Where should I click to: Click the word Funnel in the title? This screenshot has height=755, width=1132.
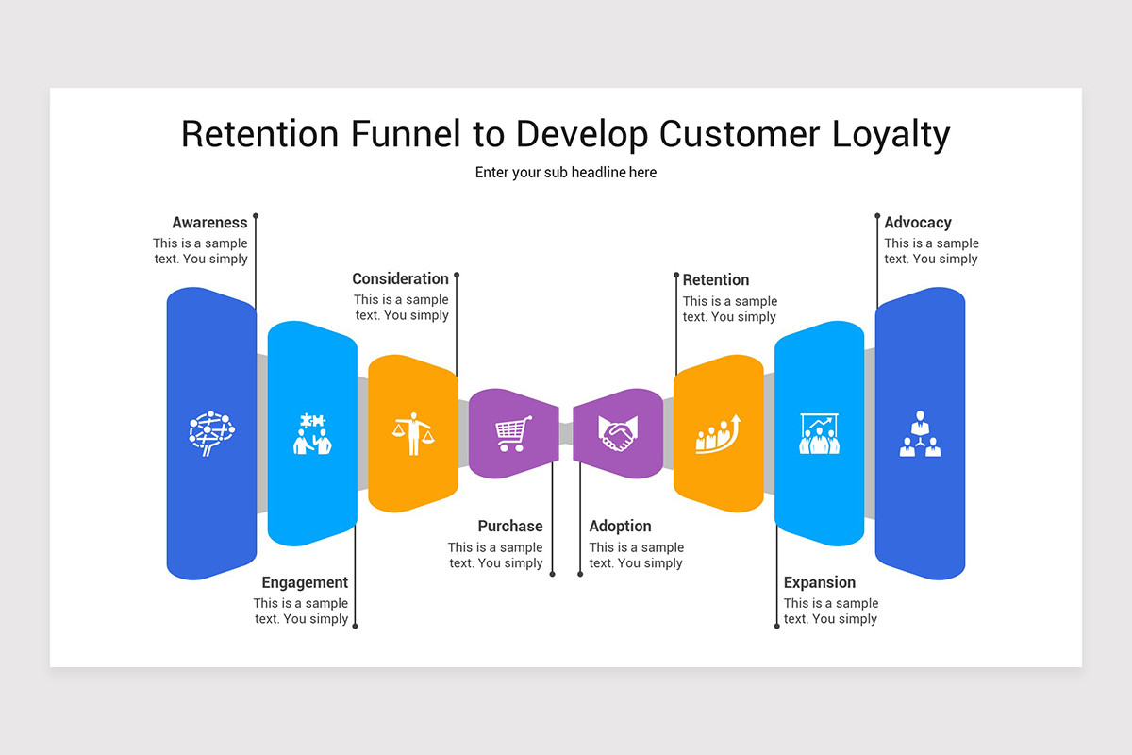coord(403,134)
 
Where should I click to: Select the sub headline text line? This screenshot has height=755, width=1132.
coord(566,173)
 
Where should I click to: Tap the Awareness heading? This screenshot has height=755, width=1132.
coord(209,223)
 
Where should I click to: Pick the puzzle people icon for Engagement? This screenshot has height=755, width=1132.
coord(312,434)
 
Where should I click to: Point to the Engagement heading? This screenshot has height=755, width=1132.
coord(305,582)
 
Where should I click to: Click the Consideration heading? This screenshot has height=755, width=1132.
coord(400,278)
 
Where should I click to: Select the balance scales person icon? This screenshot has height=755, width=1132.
coord(413,434)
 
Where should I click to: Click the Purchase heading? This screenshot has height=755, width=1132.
coord(510,526)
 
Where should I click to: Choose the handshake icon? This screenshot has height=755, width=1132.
coord(618,434)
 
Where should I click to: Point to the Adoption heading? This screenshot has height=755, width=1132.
coord(620,526)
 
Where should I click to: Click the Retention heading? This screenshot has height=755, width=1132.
coord(716,279)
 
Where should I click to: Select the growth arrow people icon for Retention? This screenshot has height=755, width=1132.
coord(718,434)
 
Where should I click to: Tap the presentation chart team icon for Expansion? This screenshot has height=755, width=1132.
coord(819,434)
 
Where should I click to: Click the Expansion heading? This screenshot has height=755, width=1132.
coord(820,582)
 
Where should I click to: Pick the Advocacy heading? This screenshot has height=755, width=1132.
coord(918,223)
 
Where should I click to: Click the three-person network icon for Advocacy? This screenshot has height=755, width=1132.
coord(920,434)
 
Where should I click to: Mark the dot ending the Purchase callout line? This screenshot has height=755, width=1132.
coord(553,573)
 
